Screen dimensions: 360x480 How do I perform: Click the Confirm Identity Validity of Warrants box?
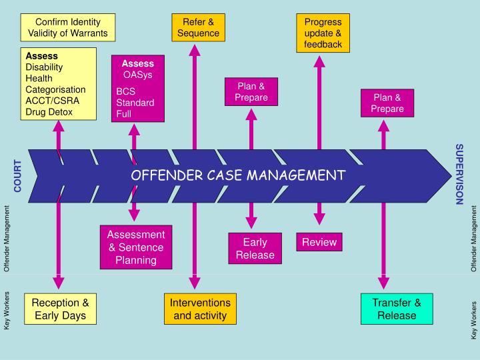click(68, 27)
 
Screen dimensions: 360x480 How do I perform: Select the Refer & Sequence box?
click(198, 27)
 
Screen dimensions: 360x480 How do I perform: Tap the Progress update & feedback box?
click(323, 33)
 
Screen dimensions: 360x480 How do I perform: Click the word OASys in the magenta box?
click(138, 75)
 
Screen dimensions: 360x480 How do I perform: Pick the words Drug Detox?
click(49, 112)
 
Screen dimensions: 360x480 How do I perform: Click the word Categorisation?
click(55, 89)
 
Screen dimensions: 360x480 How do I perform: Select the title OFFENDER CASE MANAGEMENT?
click(238, 175)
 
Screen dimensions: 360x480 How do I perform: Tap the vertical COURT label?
click(18, 175)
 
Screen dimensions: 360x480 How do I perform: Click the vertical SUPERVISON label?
click(459, 174)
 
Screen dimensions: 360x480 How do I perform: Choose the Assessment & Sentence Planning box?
click(135, 247)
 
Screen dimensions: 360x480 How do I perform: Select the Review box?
click(319, 242)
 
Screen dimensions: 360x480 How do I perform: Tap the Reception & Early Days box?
click(59, 309)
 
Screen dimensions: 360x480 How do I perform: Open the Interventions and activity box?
click(201, 309)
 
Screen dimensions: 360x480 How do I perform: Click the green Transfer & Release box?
click(397, 309)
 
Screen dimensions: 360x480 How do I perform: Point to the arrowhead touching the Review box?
click(319, 218)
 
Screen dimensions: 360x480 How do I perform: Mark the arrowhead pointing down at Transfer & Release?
click(383, 283)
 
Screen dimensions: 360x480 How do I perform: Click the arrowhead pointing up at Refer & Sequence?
click(195, 50)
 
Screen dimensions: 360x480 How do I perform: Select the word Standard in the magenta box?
click(135, 103)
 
